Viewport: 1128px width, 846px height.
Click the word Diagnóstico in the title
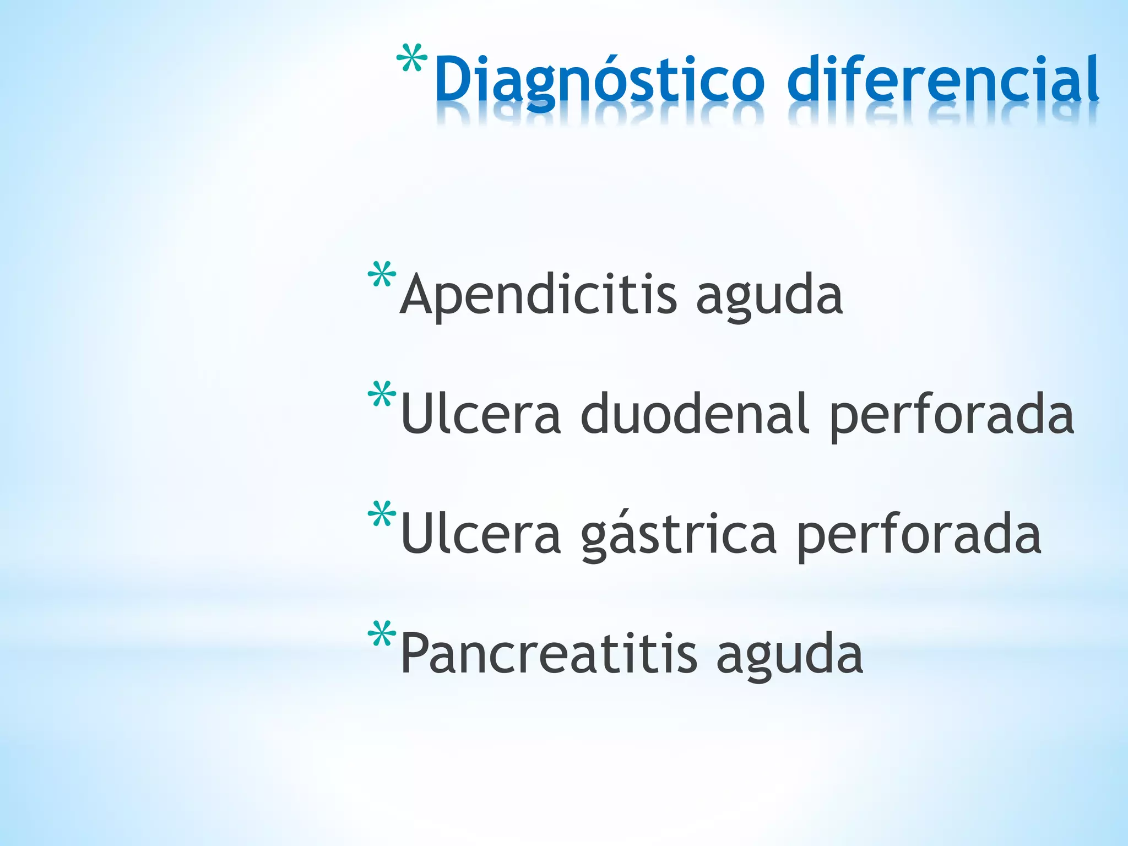coord(599,80)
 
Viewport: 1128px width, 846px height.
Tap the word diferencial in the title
coord(943,80)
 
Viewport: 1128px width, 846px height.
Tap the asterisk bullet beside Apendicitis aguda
coord(382,275)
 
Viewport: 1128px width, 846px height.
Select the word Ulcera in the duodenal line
coord(481,414)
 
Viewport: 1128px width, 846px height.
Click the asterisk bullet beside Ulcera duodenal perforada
coord(382,394)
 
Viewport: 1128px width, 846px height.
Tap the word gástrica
coord(679,534)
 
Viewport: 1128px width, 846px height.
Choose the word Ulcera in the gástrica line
coord(481,534)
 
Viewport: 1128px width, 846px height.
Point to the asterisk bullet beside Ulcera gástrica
coord(382,514)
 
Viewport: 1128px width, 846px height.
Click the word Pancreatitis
coord(549,654)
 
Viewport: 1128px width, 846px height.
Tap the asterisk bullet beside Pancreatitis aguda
coord(382,634)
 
